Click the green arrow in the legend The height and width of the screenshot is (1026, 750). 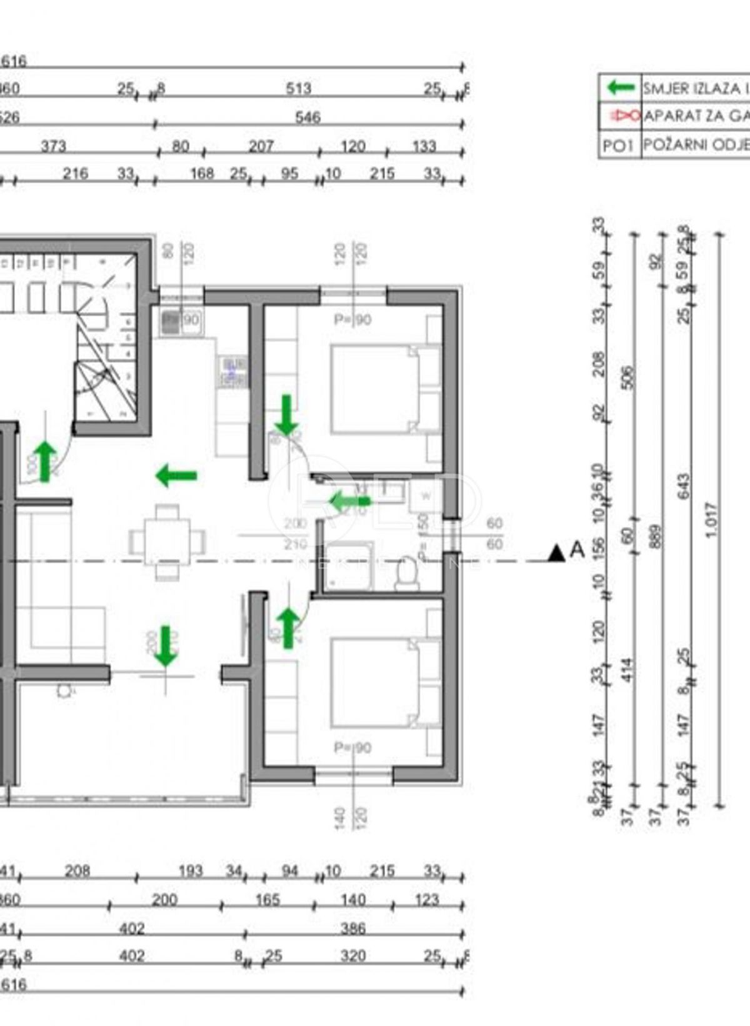point(621,88)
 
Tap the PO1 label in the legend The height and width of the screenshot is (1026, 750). point(619,146)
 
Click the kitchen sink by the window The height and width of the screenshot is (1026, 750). point(171,321)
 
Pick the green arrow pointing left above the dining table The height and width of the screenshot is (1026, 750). point(176,476)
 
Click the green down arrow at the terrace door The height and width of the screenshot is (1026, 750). point(165,646)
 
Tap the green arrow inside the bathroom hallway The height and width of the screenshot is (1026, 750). point(350,501)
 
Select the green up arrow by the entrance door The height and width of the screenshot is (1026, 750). point(45,461)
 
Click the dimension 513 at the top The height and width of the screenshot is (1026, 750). point(298,89)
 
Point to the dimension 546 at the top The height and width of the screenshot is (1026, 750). point(307,117)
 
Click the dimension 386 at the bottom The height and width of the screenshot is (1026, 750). point(353,928)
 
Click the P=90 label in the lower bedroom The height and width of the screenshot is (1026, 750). point(352,748)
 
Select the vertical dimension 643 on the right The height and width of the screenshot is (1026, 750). point(684,486)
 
